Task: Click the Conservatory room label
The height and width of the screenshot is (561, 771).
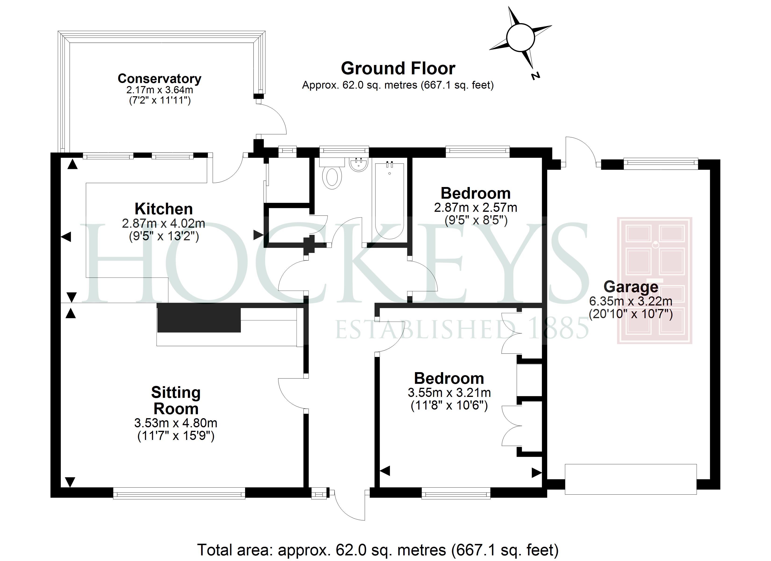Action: pos(159,79)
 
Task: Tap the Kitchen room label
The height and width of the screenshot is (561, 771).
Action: pos(164,209)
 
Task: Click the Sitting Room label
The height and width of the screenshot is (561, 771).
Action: pos(176,400)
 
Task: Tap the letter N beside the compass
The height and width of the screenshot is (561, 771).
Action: pos(535,76)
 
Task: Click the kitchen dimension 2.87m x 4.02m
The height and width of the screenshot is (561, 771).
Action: pos(164,223)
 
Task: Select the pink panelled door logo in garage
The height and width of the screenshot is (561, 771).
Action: pos(654,280)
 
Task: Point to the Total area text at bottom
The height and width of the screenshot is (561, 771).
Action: pos(378,550)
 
